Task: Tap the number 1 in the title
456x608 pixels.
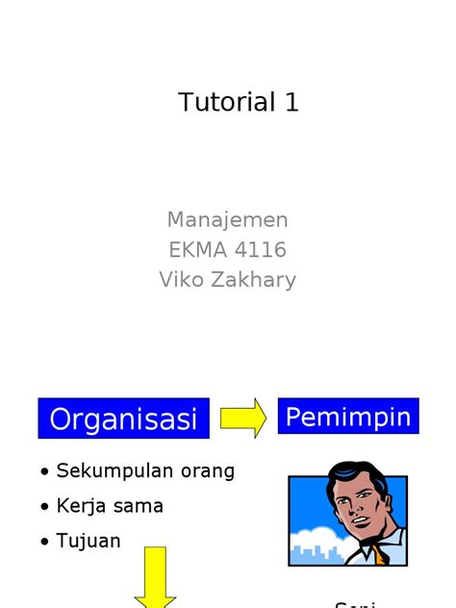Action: [291, 103]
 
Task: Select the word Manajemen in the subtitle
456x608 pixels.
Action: [227, 220]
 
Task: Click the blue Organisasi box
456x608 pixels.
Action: [123, 418]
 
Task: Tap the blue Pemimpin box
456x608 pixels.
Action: [348, 417]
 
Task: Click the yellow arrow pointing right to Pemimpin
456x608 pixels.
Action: [242, 418]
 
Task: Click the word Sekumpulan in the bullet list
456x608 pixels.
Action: [108, 471]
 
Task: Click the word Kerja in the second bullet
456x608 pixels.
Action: [80, 506]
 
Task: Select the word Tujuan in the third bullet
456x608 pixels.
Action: [89, 541]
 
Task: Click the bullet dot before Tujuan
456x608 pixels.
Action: [45, 543]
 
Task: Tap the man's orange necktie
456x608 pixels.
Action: [381, 555]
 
